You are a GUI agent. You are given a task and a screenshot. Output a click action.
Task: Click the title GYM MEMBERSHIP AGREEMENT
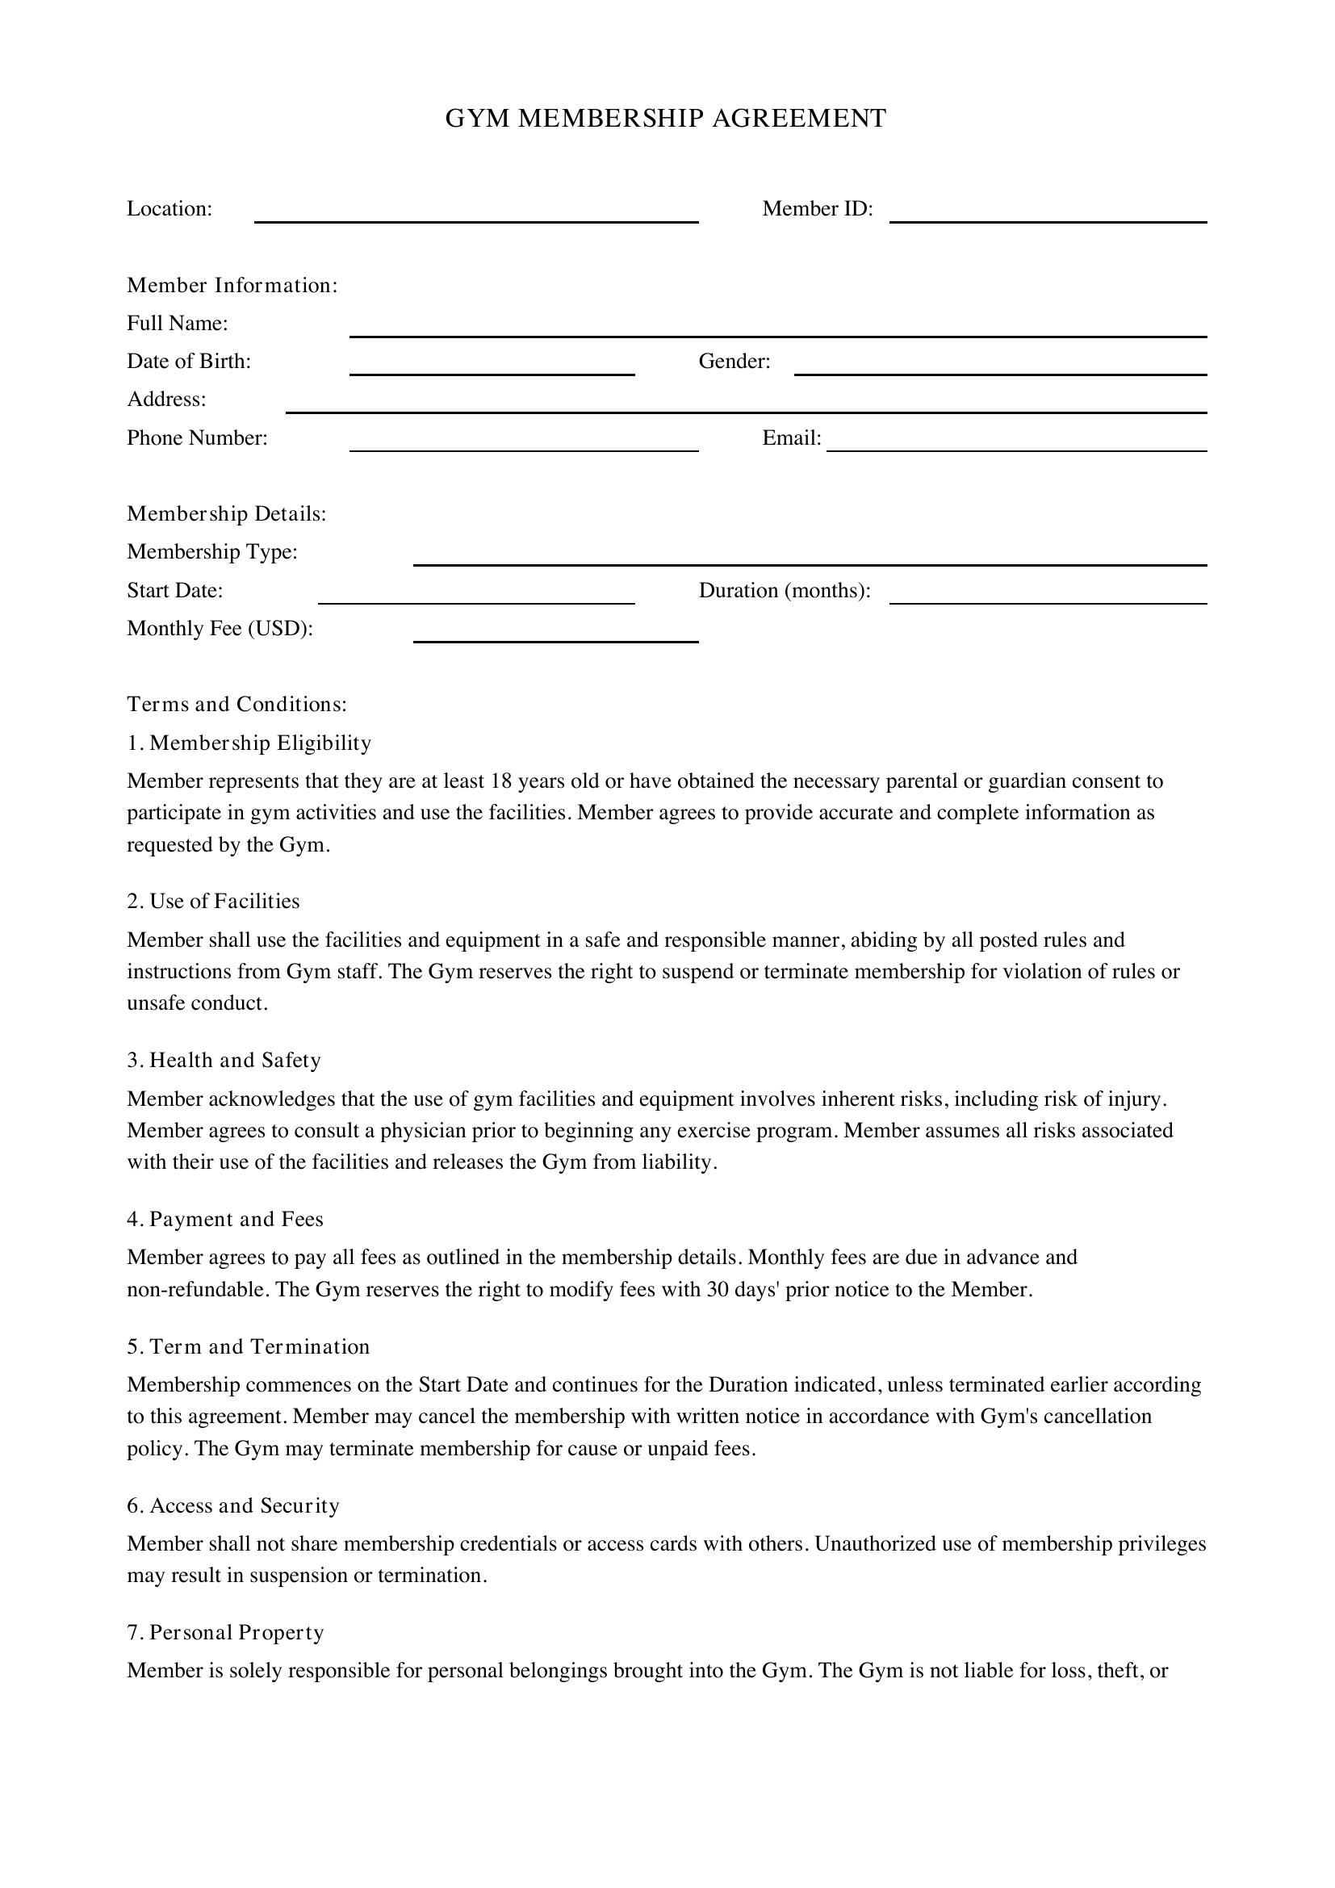click(x=666, y=119)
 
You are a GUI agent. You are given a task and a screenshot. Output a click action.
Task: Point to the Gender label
click(x=734, y=362)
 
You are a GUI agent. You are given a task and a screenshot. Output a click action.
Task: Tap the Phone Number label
click(x=197, y=438)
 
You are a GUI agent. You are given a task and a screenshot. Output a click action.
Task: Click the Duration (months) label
click(x=785, y=590)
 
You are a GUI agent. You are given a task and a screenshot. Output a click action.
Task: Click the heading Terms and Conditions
click(x=236, y=705)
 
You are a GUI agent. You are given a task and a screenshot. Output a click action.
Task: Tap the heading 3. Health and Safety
click(x=224, y=1060)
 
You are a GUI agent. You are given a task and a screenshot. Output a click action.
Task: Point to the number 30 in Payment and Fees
click(x=718, y=1289)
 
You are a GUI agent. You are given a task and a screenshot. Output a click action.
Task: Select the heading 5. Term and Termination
click(x=249, y=1346)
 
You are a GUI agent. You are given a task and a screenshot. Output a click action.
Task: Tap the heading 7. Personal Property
click(x=225, y=1632)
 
